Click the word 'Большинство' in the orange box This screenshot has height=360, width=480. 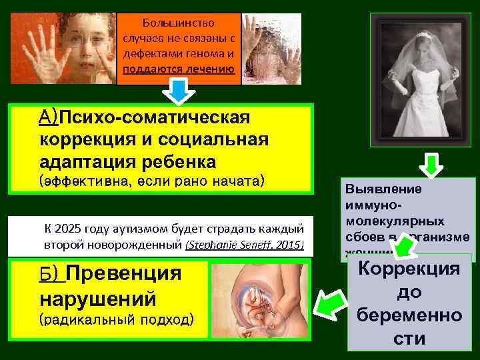(x=178, y=22)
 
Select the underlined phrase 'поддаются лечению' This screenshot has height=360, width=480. (x=178, y=69)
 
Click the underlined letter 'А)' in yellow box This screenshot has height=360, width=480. (x=49, y=119)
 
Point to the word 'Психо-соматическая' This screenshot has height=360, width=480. (x=154, y=119)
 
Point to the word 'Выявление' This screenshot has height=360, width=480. (x=374, y=189)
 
